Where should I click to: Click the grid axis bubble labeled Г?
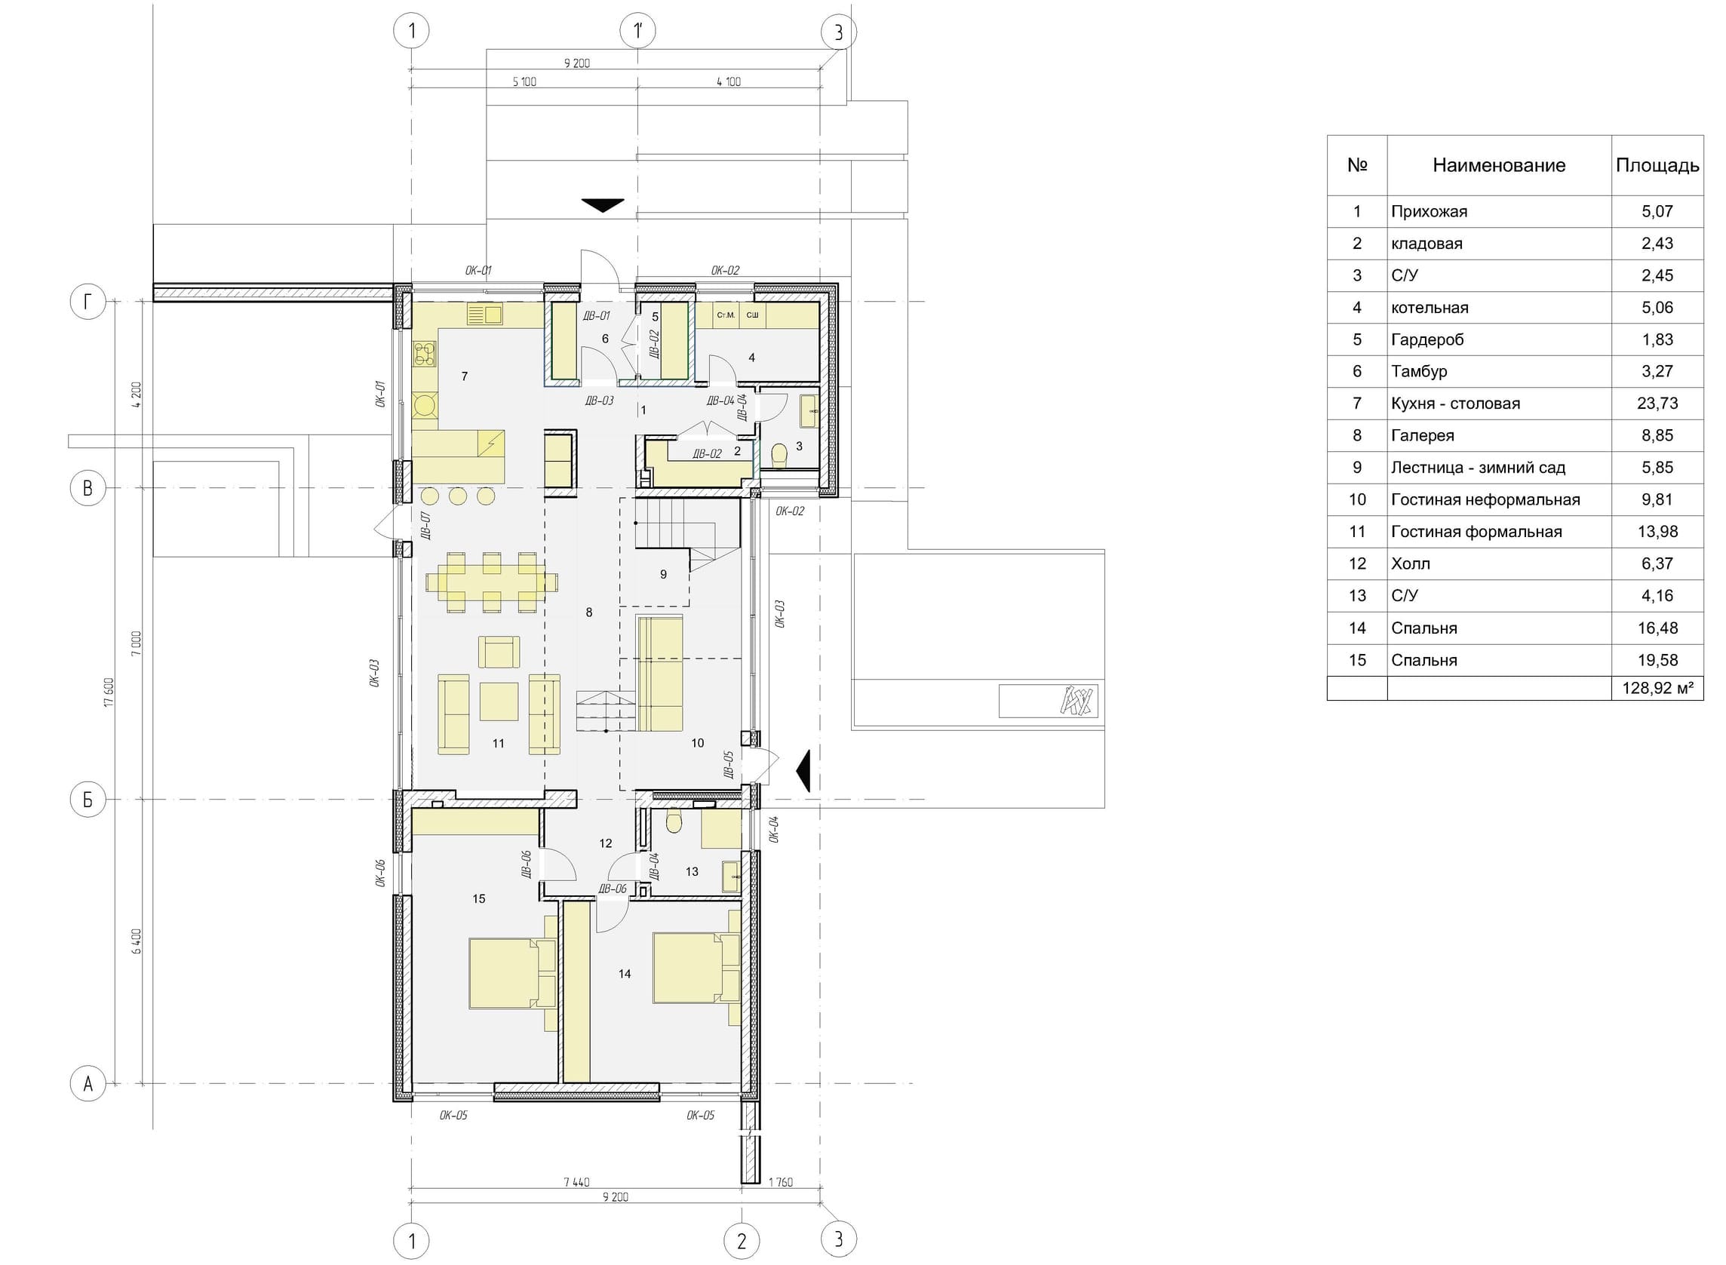tap(88, 302)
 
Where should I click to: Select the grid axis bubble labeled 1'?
tap(638, 32)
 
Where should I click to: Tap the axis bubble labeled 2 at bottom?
tap(742, 1241)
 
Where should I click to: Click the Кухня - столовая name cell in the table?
tap(1455, 404)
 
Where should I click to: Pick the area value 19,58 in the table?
tap(1657, 660)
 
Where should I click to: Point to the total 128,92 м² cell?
tap(1657, 689)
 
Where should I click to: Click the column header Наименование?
tap(1499, 165)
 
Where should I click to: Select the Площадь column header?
tap(1657, 165)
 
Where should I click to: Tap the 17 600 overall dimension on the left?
tap(109, 692)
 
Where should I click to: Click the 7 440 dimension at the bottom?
tap(576, 1182)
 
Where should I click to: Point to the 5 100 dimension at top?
tap(524, 82)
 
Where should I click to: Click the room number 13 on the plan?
tap(692, 871)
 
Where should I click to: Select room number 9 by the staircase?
tap(663, 574)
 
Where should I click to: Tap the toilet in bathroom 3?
tap(779, 456)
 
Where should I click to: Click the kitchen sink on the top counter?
tap(484, 315)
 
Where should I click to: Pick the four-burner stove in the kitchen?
tap(425, 355)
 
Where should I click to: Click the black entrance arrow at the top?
tap(603, 205)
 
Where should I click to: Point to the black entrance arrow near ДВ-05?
tap(803, 771)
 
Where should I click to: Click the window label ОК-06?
tap(379, 873)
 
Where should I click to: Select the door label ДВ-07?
tap(425, 525)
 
